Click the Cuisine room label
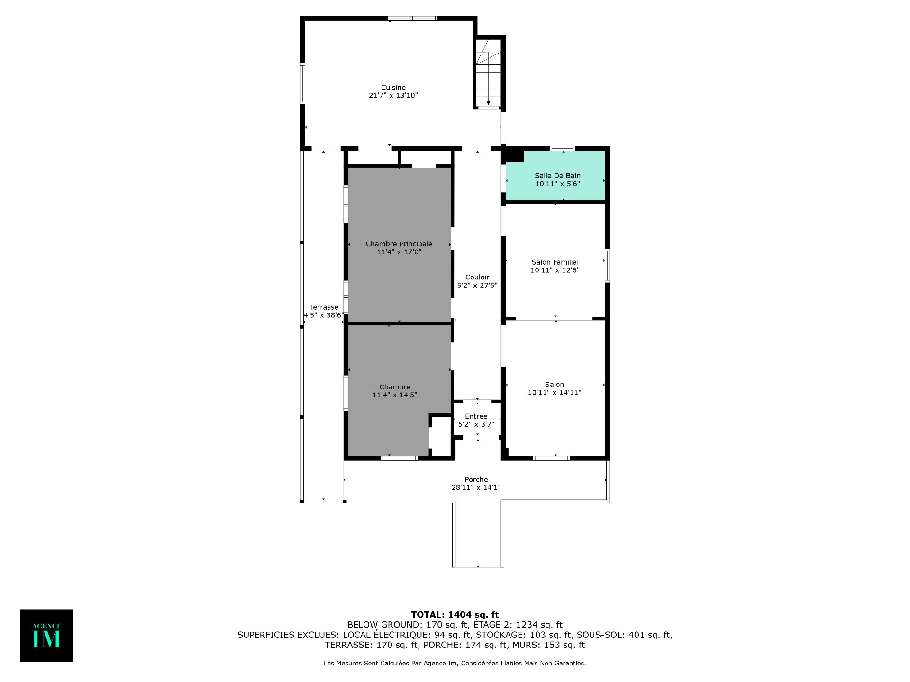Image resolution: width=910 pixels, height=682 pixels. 393,88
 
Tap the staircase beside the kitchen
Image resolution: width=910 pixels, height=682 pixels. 488,72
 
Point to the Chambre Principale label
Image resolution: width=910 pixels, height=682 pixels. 399,244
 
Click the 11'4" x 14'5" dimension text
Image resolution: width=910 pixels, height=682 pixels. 395,395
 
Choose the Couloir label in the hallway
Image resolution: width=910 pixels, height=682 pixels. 477,277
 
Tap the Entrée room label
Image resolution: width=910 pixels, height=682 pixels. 476,416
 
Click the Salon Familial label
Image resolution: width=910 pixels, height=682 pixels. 555,262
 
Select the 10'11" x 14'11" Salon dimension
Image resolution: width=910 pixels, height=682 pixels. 555,392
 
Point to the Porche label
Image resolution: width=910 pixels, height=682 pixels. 476,479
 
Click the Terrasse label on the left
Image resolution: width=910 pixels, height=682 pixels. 324,307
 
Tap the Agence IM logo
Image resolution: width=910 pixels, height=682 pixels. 46,635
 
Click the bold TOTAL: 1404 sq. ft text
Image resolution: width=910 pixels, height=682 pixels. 455,615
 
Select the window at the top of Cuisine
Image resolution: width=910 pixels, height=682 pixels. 412,18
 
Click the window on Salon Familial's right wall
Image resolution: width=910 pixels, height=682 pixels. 607,266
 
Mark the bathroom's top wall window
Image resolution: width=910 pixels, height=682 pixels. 563,149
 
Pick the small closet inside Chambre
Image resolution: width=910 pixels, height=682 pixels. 441,436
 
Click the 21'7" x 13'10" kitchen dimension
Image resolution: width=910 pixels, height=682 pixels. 393,95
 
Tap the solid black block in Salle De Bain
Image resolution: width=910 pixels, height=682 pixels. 514,156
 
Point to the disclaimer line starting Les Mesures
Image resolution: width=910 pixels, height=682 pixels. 455,663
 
